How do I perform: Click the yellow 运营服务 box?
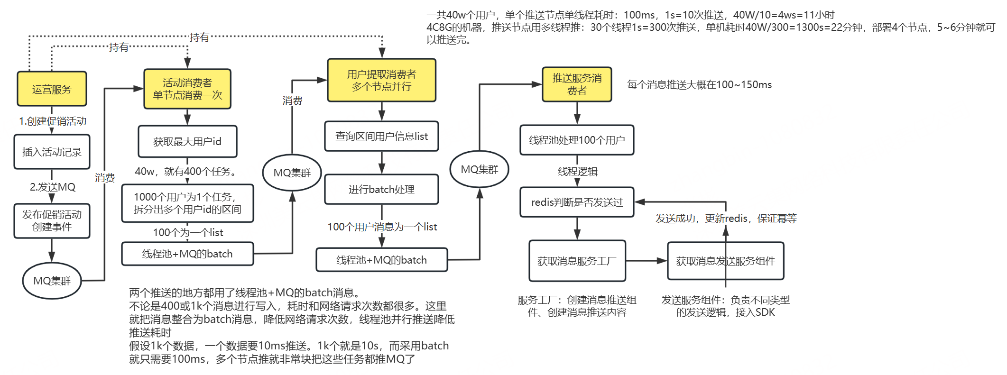pos(52,89)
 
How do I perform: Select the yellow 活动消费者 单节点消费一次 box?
pos(187,89)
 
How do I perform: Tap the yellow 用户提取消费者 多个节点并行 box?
pos(382,80)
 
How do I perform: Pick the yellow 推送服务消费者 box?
pos(577,84)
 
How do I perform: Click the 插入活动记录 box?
pos(52,152)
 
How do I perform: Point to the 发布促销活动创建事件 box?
pos(52,221)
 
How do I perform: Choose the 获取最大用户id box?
pos(187,141)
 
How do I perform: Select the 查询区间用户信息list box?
pos(382,137)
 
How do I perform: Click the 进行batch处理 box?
pos(382,190)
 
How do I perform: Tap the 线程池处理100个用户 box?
pos(577,140)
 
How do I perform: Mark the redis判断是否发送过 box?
pos(577,202)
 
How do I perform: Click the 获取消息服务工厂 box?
pos(577,261)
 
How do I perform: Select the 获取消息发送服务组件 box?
pos(726,261)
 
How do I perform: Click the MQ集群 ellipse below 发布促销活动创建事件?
pos(52,281)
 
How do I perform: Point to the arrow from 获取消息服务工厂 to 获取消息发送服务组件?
pos(647,261)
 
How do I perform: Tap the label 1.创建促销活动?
pos(53,121)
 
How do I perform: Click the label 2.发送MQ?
pos(53,187)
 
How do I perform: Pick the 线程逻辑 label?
pos(578,172)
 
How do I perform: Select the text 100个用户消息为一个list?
pos(382,227)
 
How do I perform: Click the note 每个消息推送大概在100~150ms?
pos(699,85)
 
